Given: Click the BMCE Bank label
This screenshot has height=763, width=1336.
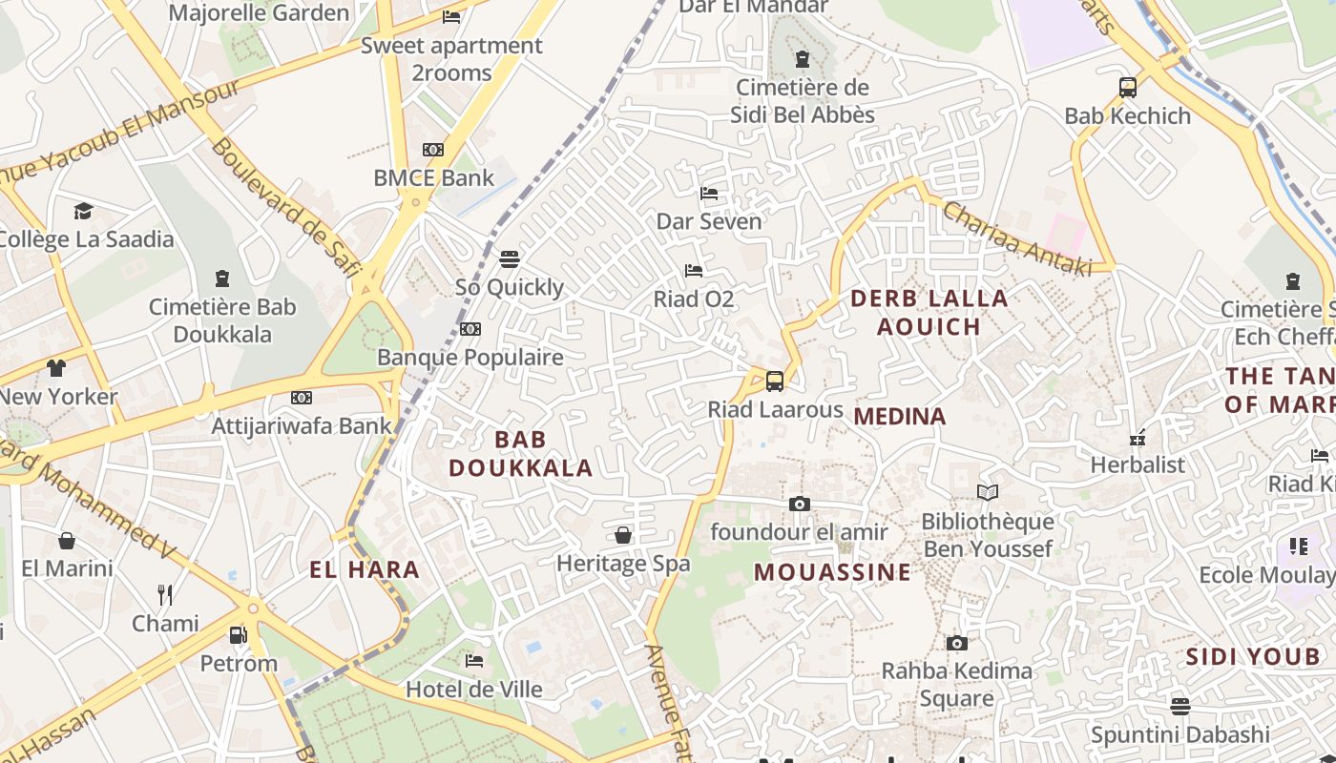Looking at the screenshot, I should (433, 177).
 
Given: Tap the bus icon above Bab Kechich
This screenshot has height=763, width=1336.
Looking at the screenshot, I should (1127, 88).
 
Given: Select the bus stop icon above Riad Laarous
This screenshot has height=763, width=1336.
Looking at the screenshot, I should (775, 381).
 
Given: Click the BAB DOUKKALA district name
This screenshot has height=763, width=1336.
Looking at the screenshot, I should (521, 453).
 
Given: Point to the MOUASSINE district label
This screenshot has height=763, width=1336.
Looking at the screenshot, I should (832, 572).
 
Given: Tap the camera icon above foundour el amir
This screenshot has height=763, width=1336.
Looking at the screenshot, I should (800, 504).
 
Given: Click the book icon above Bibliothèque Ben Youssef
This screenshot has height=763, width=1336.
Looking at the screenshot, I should (988, 492).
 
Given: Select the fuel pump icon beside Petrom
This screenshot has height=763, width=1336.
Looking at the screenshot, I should (239, 634).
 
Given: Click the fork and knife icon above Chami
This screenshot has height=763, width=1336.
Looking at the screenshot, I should (165, 595).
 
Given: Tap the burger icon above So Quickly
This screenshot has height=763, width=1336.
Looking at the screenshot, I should (510, 258).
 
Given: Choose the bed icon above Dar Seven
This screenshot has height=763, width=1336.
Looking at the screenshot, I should (709, 193).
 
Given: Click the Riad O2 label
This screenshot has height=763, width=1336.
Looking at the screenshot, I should (693, 299).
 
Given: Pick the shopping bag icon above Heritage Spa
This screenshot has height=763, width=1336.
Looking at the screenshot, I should (623, 535).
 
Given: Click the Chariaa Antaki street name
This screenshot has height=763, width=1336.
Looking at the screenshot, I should (1017, 239).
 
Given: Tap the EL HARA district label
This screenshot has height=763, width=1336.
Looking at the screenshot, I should (365, 570).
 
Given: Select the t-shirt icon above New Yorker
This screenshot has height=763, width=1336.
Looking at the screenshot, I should (56, 368).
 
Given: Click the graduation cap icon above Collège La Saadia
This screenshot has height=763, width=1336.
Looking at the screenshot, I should (84, 211).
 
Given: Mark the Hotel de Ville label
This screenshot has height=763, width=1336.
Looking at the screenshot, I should (474, 689).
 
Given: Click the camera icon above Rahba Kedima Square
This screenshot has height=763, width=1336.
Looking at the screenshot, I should (956, 643).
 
